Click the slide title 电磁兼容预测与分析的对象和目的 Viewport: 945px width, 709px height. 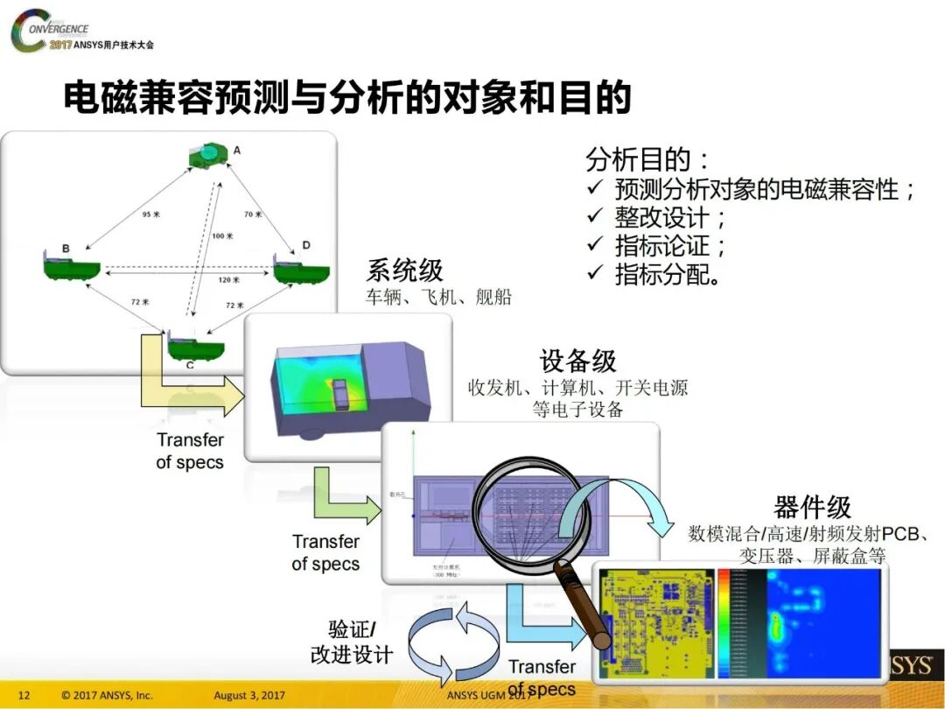pyautogui.click(x=346, y=98)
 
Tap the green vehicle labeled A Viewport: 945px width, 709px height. pyautogui.click(x=209, y=158)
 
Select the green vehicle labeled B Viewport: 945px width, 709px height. pyautogui.click(x=71, y=266)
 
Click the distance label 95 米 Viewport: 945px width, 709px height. pyautogui.click(x=151, y=214)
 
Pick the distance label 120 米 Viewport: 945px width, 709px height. pyautogui.click(x=229, y=280)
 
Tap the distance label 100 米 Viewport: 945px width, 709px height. pyautogui.click(x=222, y=236)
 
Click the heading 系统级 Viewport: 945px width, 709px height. pyautogui.click(x=403, y=270)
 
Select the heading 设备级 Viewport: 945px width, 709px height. pyautogui.click(x=577, y=361)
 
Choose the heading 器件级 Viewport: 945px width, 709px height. pyautogui.click(x=812, y=507)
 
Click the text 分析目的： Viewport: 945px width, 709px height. pyautogui.click(x=648, y=160)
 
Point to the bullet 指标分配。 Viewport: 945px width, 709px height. pyautogui.click(x=668, y=273)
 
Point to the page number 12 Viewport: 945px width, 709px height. pyautogui.click(x=24, y=696)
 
